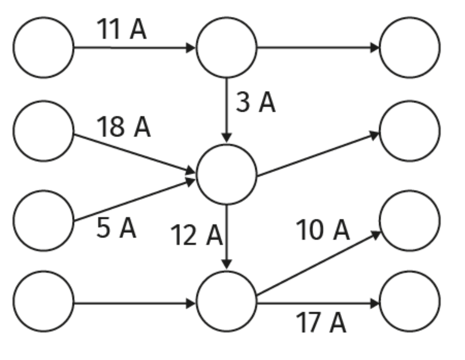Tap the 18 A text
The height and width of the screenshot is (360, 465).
click(x=123, y=128)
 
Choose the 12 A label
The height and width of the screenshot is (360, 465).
click(x=196, y=236)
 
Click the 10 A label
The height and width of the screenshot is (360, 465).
click(x=323, y=230)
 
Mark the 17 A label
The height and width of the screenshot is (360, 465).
click(x=321, y=323)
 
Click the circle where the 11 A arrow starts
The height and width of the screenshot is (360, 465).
click(x=44, y=47)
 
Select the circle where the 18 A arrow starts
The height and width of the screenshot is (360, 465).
click(x=44, y=131)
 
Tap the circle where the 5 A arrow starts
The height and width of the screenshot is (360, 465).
click(x=44, y=220)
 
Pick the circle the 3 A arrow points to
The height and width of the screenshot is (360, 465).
click(x=227, y=174)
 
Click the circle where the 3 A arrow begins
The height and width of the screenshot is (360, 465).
click(x=227, y=47)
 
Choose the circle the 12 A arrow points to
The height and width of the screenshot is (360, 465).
click(x=227, y=302)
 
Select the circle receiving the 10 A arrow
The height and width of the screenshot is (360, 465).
click(x=410, y=220)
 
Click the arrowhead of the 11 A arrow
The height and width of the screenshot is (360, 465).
click(x=191, y=47)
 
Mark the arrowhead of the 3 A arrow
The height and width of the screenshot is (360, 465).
click(x=227, y=138)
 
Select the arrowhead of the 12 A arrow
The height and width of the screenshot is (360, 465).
click(x=227, y=264)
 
